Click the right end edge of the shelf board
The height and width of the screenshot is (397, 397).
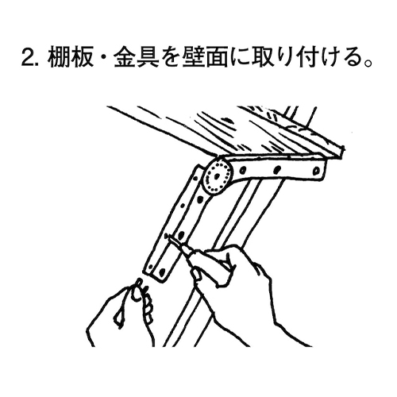point(342,150)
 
